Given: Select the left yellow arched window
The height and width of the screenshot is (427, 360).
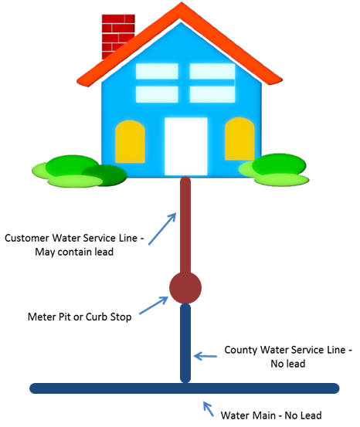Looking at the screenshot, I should pos(130,141).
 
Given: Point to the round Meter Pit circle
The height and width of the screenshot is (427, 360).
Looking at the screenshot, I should pos(185,288).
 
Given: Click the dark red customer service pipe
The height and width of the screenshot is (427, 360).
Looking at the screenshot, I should pos(185,224).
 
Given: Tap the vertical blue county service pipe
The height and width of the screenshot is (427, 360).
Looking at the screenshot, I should pos(185,340).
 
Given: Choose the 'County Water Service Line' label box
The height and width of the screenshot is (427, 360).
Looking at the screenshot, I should pos(287,357).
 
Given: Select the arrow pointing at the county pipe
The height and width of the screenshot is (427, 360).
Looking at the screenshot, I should pos(205,357).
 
